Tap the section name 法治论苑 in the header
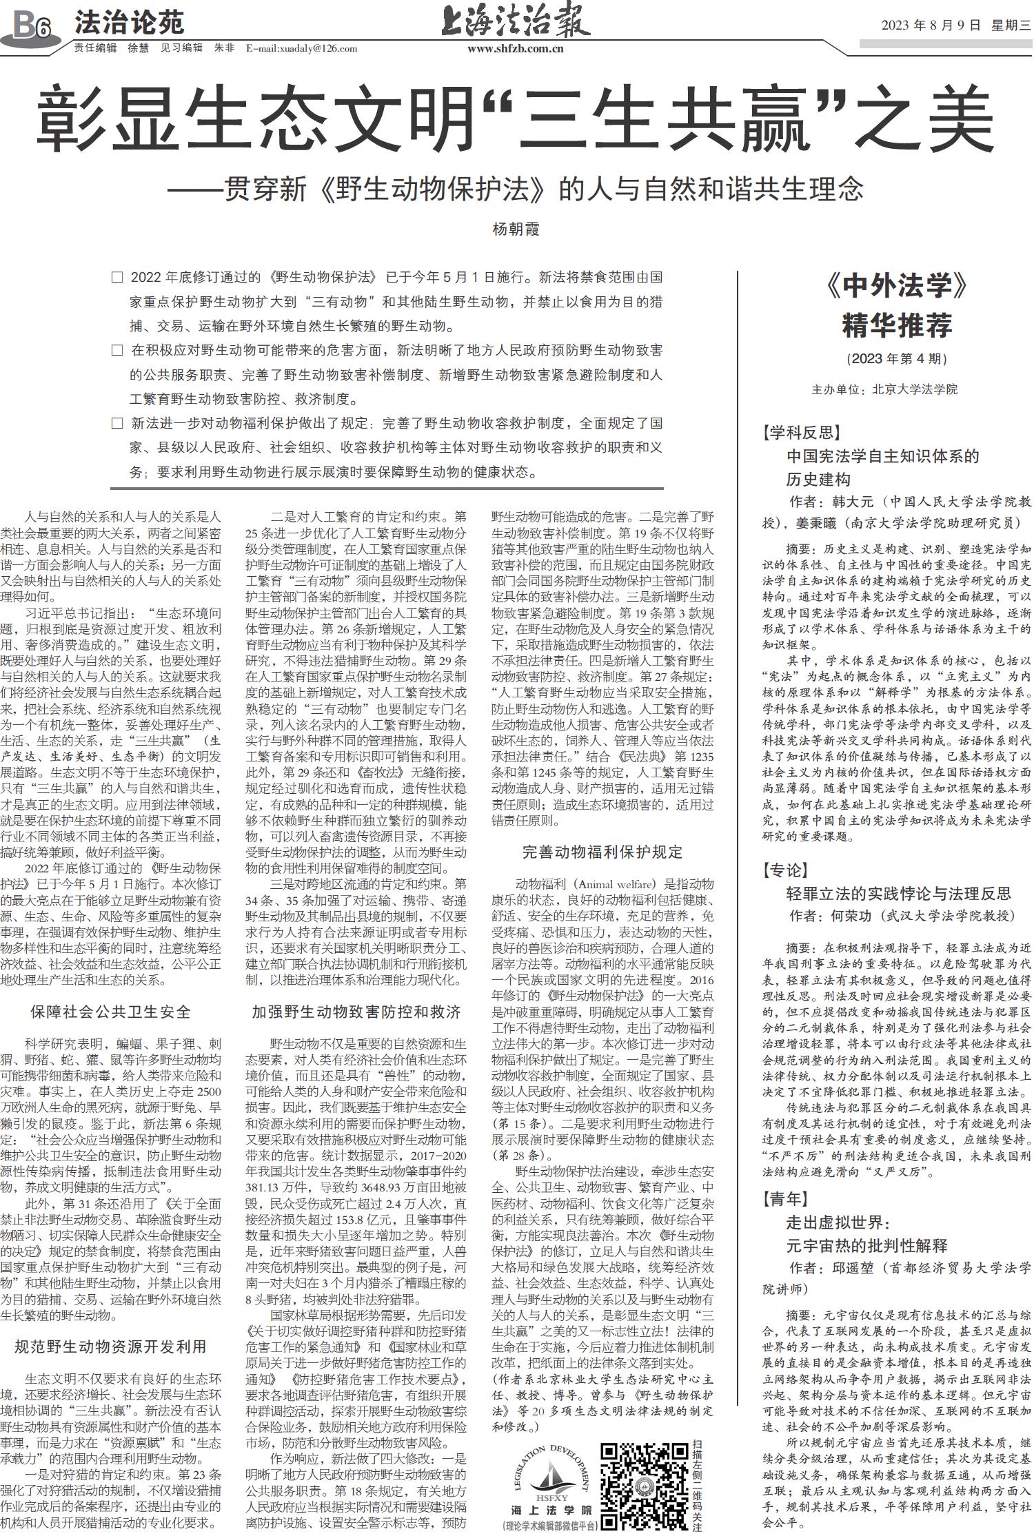129,23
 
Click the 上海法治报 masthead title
515,21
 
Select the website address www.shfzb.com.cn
515,48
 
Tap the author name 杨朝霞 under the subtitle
516,229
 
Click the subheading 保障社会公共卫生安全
110,1012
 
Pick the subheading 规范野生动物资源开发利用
110,1346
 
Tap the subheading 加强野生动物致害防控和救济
356,1012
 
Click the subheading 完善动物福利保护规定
602,852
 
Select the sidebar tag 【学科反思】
801,433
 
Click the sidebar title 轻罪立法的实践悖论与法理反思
899,894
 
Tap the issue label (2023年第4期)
896,358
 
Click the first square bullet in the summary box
117,278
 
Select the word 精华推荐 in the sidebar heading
896,325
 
